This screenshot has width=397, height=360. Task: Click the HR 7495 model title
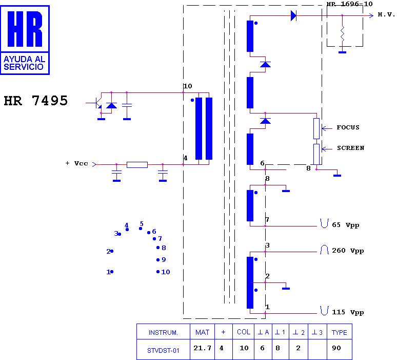pyautogui.click(x=36, y=101)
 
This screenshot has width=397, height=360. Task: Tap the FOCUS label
pyautogui.click(x=348, y=127)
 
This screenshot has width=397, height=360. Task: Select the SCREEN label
pyautogui.click(x=350, y=148)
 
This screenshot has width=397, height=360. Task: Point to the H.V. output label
pyautogui.click(x=386, y=14)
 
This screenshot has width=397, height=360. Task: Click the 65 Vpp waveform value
pyautogui.click(x=345, y=225)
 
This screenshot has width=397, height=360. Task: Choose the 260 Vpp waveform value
pyautogui.click(x=348, y=251)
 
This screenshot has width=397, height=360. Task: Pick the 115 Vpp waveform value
pyautogui.click(x=348, y=312)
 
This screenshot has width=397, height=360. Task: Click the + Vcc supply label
pyautogui.click(x=77, y=163)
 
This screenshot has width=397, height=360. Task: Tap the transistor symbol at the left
pyautogui.click(x=97, y=103)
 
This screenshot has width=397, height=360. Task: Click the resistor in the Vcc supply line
pyautogui.click(x=137, y=165)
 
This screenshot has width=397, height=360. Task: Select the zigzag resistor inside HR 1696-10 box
pyautogui.click(x=342, y=33)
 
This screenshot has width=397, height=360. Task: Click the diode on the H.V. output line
pyautogui.click(x=293, y=16)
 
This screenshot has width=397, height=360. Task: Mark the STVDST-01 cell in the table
pyautogui.click(x=163, y=351)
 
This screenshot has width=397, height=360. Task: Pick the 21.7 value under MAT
pyautogui.click(x=202, y=348)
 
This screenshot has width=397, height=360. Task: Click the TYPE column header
pyautogui.click(x=339, y=332)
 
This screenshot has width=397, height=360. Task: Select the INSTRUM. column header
pyautogui.click(x=163, y=333)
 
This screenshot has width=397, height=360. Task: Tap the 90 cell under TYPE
pyautogui.click(x=336, y=348)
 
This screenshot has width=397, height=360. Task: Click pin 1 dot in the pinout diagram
pyautogui.click(x=112, y=272)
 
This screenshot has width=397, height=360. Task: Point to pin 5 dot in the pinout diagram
pyautogui.click(x=141, y=229)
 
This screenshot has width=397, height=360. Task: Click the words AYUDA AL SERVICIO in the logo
pyautogui.click(x=24, y=63)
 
